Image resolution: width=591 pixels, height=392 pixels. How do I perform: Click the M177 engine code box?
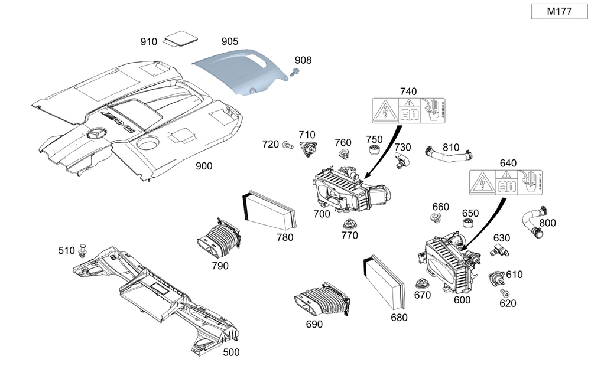[x=558, y=11]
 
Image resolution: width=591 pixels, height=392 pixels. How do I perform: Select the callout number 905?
[x=230, y=41]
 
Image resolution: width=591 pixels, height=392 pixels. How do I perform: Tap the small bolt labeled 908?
[x=295, y=72]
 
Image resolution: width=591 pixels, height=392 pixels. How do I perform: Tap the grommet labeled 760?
[x=342, y=155]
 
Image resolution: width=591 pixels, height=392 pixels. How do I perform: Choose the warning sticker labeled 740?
[x=408, y=110]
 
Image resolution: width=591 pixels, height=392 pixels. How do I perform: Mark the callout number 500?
[x=230, y=352]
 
